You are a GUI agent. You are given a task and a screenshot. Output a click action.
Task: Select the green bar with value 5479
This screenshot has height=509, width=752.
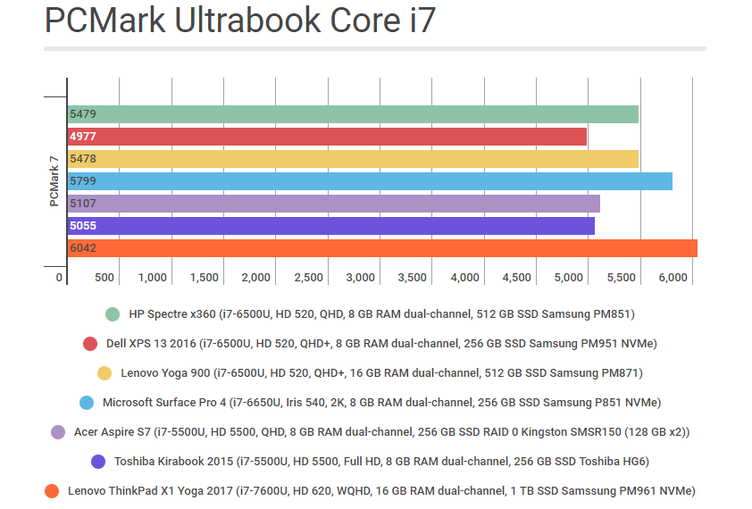[353, 114]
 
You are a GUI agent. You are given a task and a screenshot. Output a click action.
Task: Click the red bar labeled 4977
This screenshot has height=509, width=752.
[327, 137]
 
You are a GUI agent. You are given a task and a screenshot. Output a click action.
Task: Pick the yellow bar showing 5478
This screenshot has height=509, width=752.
[353, 159]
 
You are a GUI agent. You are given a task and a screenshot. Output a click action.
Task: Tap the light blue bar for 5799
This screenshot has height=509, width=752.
[370, 181]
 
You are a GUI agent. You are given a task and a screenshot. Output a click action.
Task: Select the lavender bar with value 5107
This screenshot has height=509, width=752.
[333, 204]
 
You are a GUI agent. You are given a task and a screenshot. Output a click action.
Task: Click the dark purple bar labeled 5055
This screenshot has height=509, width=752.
[330, 226]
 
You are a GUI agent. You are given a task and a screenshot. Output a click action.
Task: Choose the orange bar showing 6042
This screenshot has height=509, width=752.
[382, 248]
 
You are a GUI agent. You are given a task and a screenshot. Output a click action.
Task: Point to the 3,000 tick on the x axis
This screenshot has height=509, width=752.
[360, 278]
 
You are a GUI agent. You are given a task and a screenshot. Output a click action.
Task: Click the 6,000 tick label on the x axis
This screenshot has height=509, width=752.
[673, 278]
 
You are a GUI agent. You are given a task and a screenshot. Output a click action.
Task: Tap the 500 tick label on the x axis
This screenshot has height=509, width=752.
[104, 278]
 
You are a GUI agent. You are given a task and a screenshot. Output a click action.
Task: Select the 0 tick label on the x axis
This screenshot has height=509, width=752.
[60, 278]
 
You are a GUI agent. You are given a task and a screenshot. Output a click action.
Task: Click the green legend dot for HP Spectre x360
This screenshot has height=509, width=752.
[113, 314]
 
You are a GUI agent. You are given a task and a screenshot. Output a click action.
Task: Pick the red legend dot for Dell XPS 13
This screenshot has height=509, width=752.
[90, 344]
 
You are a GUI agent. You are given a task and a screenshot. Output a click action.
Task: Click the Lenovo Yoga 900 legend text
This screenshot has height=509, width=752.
[380, 373]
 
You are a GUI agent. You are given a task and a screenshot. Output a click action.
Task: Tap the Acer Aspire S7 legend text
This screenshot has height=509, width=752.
[382, 432]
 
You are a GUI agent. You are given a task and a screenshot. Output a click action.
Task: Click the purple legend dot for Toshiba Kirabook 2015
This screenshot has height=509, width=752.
[98, 462]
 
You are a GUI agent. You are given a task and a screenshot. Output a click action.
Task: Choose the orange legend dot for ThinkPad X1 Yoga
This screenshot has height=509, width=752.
[53, 491]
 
